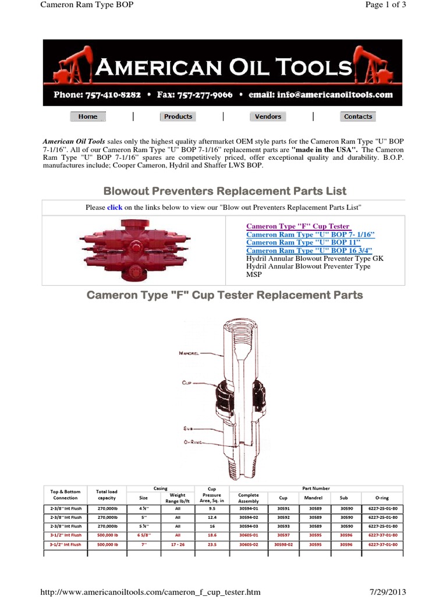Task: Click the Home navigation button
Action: point(88,117)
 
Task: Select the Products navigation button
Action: point(178,117)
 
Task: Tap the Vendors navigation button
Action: point(268,117)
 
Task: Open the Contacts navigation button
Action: point(357,117)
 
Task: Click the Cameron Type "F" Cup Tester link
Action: point(297,226)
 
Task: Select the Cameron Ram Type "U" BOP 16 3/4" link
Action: point(309,250)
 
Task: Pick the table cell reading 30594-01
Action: point(249,507)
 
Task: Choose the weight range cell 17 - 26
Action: point(178,545)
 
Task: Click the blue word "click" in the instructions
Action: point(114,207)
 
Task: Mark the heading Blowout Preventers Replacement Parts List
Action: point(224,191)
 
